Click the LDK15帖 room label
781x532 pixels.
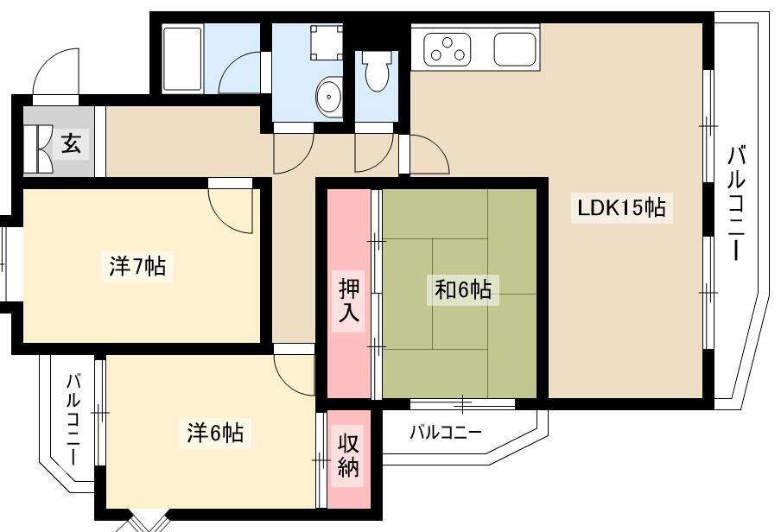point(621,207)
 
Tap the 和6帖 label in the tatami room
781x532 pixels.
point(463,289)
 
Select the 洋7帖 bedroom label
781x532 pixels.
point(138,266)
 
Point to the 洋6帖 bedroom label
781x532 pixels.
point(215,433)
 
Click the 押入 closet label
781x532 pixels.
point(349,301)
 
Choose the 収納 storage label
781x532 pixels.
point(349,455)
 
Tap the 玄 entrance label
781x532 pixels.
point(71,144)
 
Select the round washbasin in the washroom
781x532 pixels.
point(329,97)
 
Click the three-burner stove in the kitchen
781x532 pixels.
point(448,49)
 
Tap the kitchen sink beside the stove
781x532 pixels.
point(515,49)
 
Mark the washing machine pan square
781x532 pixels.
point(327,42)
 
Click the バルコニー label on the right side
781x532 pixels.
point(736,204)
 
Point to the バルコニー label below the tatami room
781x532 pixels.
point(446,432)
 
